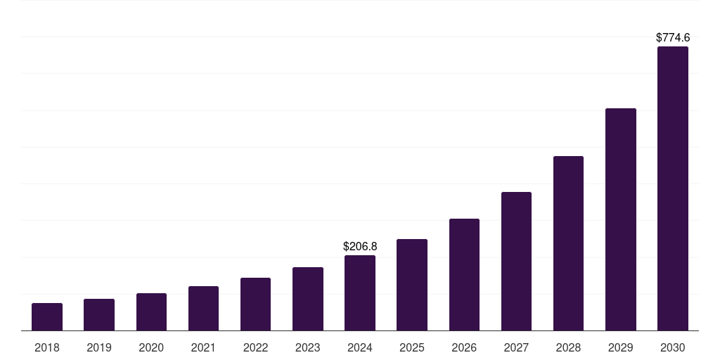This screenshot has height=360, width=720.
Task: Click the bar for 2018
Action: [x=47, y=316]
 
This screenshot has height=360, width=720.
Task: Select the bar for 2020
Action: [x=151, y=311]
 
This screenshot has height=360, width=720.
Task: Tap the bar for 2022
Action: [x=255, y=304]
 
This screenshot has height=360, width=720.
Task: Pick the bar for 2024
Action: [x=360, y=292]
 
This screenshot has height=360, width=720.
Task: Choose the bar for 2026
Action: [x=464, y=274]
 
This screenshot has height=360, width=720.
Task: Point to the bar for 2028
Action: [x=568, y=243]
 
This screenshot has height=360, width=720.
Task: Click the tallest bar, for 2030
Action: [x=673, y=188]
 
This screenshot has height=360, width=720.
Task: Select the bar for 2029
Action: [x=621, y=219]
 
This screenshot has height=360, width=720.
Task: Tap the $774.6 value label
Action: [x=673, y=38]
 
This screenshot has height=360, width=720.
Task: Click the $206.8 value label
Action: [x=360, y=246]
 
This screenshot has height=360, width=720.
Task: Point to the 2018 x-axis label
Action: [x=47, y=347]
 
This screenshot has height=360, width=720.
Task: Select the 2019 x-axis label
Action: [x=99, y=347]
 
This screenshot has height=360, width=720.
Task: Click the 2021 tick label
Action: [x=203, y=347]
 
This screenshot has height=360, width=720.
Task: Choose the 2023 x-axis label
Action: [x=308, y=347]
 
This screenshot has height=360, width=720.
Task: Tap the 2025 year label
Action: [x=412, y=347]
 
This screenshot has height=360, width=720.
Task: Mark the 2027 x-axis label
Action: [x=516, y=347]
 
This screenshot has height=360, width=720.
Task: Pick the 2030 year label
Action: [x=673, y=347]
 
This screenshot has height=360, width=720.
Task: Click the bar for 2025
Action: [x=412, y=285]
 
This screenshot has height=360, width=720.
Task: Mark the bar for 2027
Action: [x=516, y=261]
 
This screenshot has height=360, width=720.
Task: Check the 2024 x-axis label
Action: [x=360, y=347]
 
